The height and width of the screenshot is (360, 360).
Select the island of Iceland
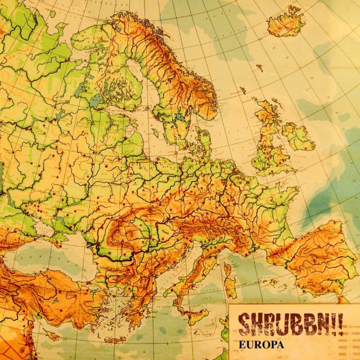pos(284,22)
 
